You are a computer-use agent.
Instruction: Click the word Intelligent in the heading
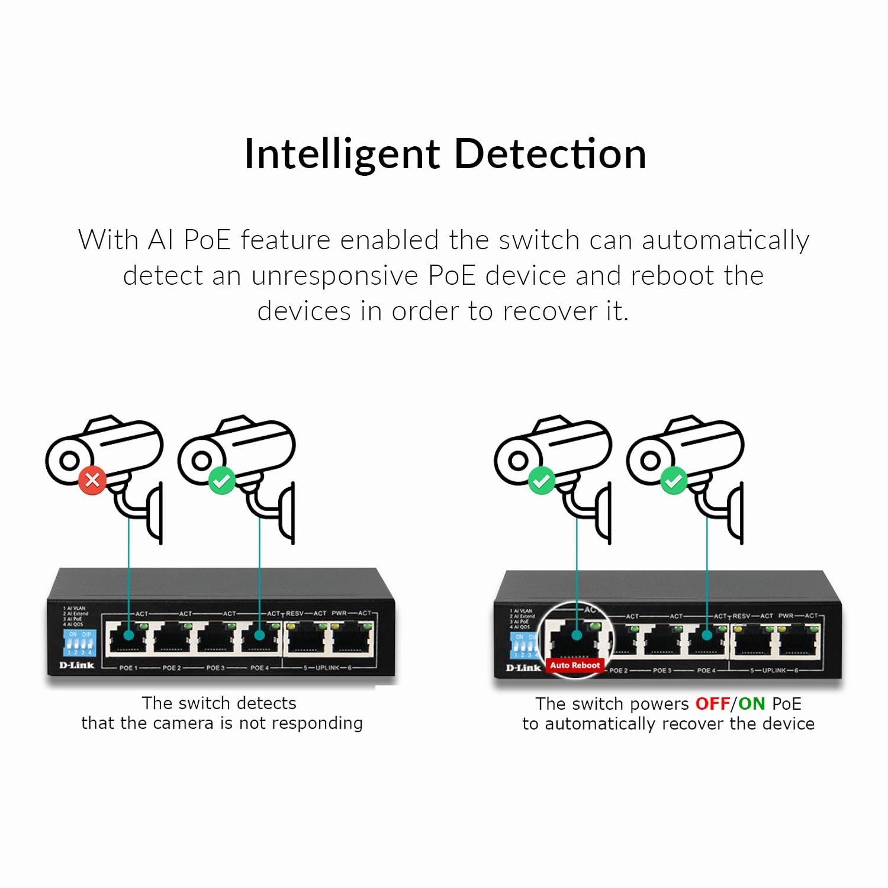[x=342, y=154]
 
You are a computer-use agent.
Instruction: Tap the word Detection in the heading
[x=550, y=154]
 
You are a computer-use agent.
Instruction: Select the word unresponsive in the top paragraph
[x=334, y=276]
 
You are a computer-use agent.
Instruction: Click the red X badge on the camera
[x=92, y=480]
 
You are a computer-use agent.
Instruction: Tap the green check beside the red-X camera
[x=222, y=481]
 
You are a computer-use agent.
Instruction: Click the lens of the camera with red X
[x=69, y=460]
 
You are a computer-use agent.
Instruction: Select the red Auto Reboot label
[x=575, y=665]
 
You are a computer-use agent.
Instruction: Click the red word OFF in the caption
[x=712, y=704]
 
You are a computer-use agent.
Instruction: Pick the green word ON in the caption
[x=751, y=704]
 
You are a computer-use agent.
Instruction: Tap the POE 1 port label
[x=128, y=668]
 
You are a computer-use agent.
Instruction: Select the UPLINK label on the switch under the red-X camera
[x=327, y=668]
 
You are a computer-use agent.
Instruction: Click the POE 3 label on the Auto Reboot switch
[x=662, y=671]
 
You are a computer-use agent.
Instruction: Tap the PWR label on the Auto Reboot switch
[x=786, y=616]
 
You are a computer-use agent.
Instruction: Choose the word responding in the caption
[x=319, y=723]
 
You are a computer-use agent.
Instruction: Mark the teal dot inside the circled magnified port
[x=576, y=635]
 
